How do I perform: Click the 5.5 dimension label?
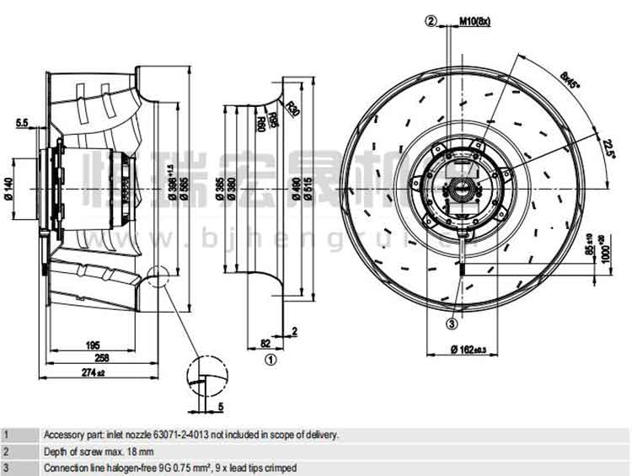[22, 123]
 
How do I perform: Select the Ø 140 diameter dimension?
[9, 185]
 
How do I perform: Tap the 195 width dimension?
[94, 345]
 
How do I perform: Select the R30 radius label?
[292, 109]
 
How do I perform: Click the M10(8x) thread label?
[474, 20]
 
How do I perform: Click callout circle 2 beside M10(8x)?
[432, 20]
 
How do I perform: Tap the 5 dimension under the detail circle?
[220, 407]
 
